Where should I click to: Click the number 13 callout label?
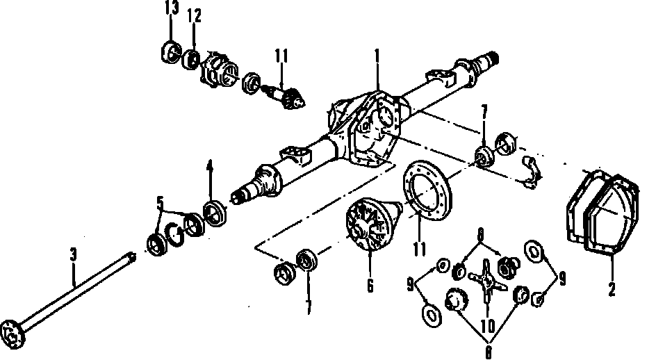171,8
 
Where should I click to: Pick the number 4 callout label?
209,167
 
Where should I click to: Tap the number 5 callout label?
161,204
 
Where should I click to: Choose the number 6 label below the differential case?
370,285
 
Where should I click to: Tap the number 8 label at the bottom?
488,353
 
